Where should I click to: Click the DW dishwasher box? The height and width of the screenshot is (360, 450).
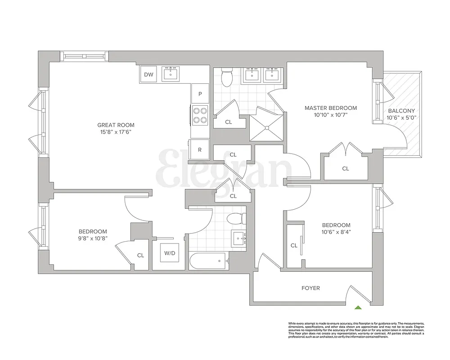click(149, 75)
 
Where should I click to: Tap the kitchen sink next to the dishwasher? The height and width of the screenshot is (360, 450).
click(170, 74)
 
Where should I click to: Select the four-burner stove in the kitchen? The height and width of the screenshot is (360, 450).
click(200, 115)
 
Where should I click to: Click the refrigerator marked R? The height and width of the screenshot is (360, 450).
click(200, 150)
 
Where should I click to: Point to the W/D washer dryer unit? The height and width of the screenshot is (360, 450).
click(169, 253)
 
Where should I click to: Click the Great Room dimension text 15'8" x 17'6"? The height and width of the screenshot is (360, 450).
click(116, 132)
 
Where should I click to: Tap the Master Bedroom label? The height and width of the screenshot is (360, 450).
click(330, 108)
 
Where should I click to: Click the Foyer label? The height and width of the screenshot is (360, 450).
click(310, 288)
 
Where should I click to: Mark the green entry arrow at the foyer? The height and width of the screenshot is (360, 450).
click(358, 308)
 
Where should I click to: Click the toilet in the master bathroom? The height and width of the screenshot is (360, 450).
click(227, 78)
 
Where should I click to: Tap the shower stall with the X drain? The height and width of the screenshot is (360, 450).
click(266, 125)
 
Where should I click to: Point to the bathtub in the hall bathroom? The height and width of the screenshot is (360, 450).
click(208, 261)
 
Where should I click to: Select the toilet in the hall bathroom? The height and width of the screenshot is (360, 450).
click(235, 218)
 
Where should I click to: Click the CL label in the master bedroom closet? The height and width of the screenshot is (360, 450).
click(345, 169)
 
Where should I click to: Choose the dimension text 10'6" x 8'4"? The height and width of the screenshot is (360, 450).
click(336, 232)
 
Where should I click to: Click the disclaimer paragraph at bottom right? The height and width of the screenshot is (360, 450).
click(356, 330)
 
